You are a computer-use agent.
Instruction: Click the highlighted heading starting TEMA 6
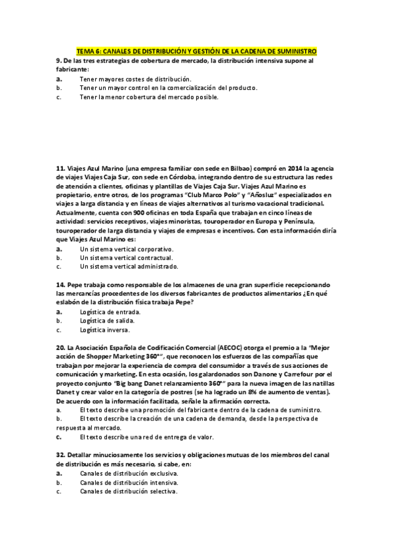click(x=196, y=51)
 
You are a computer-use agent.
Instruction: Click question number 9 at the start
click(x=59, y=60)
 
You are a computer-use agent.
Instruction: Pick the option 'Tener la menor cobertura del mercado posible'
click(x=148, y=97)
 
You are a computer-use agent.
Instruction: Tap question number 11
click(x=60, y=168)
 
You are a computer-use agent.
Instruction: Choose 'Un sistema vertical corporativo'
click(x=126, y=250)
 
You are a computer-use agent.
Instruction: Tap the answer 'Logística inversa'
click(x=104, y=330)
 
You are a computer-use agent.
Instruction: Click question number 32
click(x=60, y=455)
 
